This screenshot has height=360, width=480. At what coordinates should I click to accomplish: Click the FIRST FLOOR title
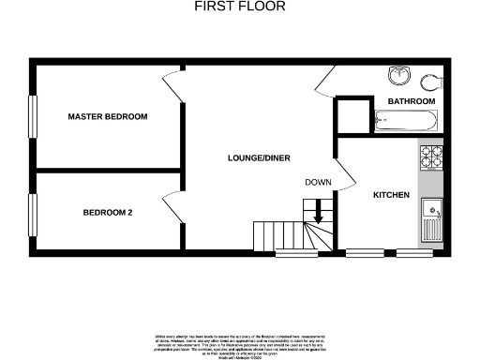(x=239, y=7)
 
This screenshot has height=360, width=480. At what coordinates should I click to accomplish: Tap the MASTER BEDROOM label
(x=107, y=117)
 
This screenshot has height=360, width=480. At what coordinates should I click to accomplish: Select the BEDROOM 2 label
(x=107, y=213)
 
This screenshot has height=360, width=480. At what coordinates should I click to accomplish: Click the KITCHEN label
(x=392, y=195)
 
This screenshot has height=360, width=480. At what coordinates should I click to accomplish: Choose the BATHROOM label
(x=412, y=100)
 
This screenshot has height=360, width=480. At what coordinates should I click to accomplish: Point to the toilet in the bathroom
(x=433, y=80)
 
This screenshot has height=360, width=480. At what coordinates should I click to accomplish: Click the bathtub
(x=404, y=119)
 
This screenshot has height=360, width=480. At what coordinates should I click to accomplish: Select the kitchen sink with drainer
(x=432, y=221)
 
